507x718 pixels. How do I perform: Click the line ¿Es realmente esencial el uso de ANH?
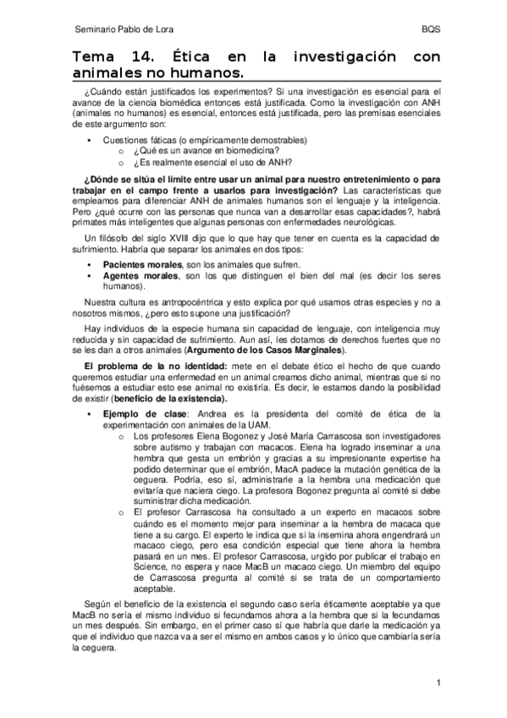[212, 163]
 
